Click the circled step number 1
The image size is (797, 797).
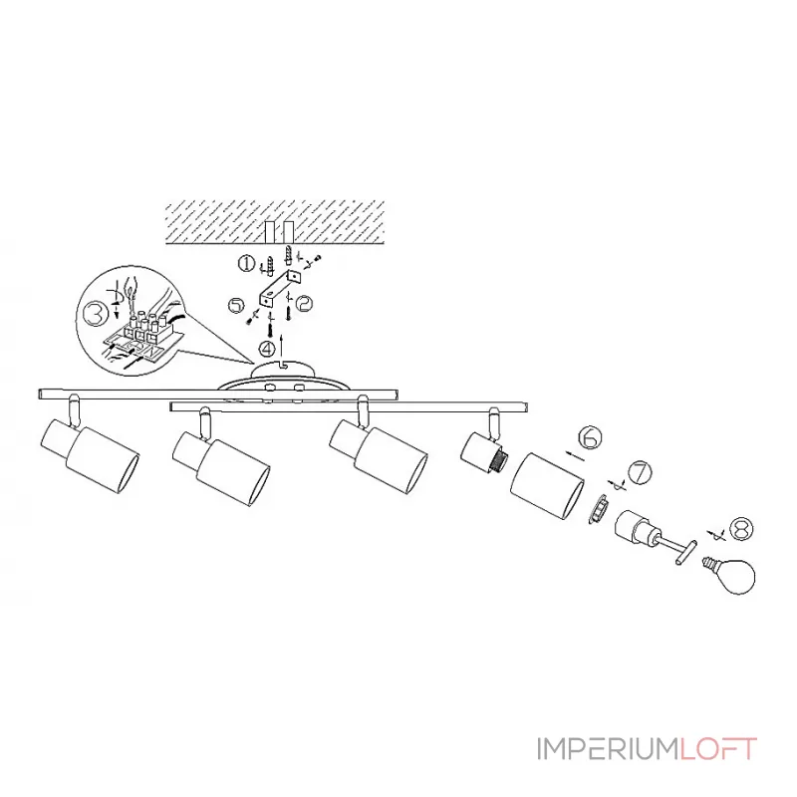coord(244,264)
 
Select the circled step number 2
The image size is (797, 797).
coord(305,300)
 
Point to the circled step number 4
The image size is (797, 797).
coord(266,349)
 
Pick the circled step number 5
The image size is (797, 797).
coord(235,304)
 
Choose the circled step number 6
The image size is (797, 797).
coord(590,437)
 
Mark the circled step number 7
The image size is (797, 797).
coord(638,472)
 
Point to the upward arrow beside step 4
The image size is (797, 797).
coord(285,348)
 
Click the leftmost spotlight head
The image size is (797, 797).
coord(90,453)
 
